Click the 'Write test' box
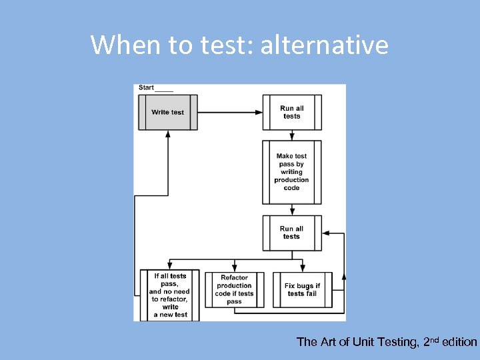tap(167, 112)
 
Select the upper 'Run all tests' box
tap(291, 112)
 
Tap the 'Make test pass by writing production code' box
tap(291, 172)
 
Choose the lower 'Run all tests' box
tap(291, 232)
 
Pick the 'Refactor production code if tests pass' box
tap(234, 289)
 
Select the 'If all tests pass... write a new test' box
tap(169, 295)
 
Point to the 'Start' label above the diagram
tap(146, 87)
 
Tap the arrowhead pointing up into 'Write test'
tap(167, 134)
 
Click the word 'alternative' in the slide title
tap(324, 45)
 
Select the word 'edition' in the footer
tap(460, 342)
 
